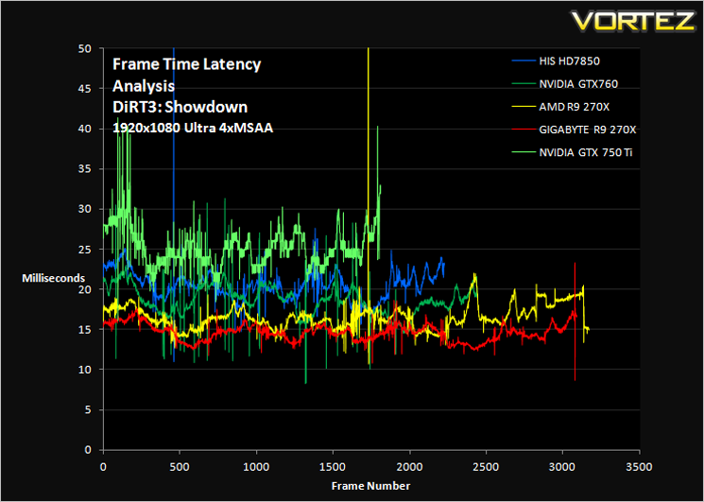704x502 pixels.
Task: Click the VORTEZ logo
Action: (x=632, y=22)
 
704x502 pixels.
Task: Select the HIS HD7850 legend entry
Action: (x=556, y=61)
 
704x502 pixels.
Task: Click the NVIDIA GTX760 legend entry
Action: (x=565, y=83)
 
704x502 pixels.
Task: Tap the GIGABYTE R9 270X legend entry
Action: (x=575, y=130)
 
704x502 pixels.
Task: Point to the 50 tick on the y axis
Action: (x=87, y=48)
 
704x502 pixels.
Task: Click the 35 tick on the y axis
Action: (x=87, y=169)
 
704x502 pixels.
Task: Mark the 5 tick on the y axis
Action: (x=90, y=410)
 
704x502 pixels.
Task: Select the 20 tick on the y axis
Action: (x=87, y=289)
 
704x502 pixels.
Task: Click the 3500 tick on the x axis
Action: (x=639, y=466)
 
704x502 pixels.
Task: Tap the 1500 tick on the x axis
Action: (x=333, y=466)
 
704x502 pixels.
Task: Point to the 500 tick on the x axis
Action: (x=180, y=466)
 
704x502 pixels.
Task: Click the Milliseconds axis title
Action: (x=54, y=278)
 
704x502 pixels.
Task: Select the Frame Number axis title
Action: (x=370, y=486)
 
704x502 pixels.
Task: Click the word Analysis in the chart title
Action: (x=144, y=85)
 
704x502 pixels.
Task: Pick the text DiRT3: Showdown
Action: (x=180, y=107)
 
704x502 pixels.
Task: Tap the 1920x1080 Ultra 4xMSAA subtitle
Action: (x=193, y=128)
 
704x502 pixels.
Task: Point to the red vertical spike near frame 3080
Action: (x=575, y=321)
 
